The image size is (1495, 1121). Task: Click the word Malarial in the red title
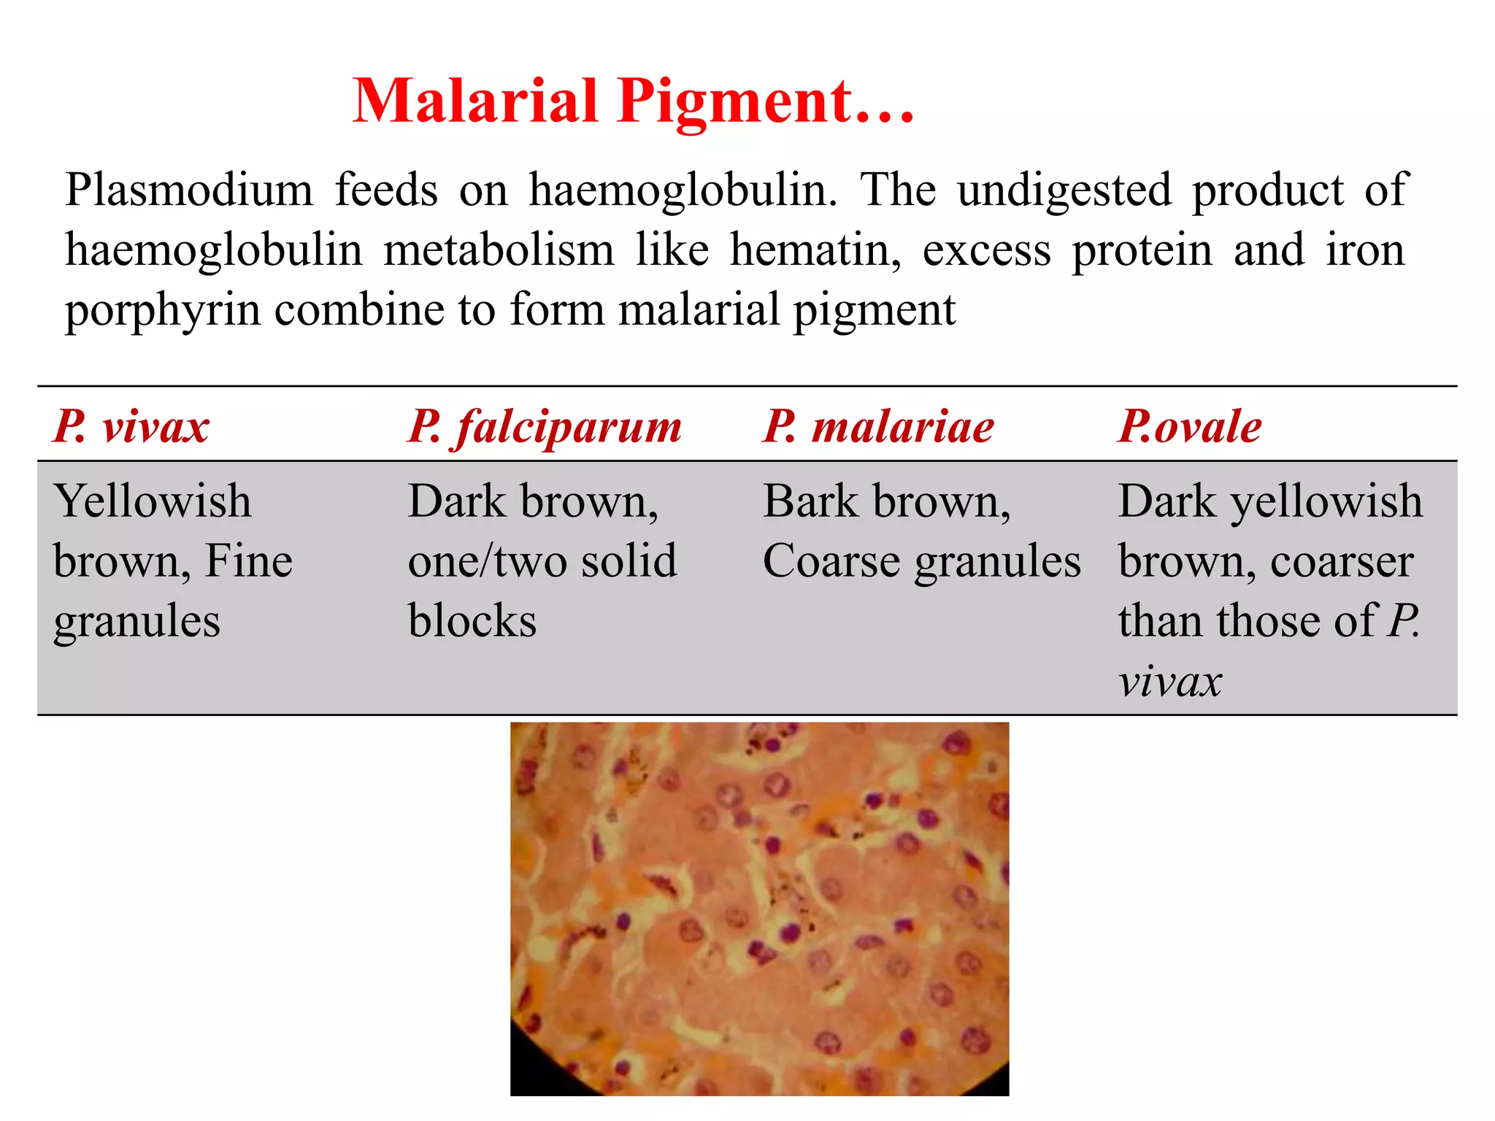475,101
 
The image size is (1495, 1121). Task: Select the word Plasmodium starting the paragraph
189,190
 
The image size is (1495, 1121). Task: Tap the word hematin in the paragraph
815,250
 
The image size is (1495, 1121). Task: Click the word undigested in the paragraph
1064,191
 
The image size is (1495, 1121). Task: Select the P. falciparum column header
545,427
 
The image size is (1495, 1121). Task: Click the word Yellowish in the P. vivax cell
153,501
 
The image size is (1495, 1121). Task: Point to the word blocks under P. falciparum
472,621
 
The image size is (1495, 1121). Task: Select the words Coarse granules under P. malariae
921,562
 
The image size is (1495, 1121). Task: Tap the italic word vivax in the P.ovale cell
1169,682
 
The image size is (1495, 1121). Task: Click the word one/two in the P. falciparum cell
487,562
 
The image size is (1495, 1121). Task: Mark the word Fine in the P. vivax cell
249,561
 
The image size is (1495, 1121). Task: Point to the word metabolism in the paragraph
499,250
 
